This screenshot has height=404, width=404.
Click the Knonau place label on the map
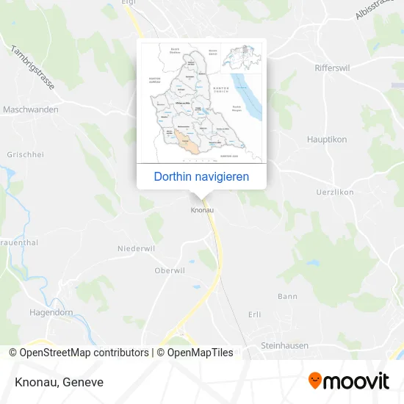click(x=202, y=210)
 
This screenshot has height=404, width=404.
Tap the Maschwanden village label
click(x=31, y=109)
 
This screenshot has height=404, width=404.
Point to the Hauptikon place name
click(x=327, y=139)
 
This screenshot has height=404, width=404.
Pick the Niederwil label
click(x=137, y=248)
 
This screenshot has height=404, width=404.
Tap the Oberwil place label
click(x=170, y=270)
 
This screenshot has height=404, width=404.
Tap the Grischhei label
click(x=25, y=155)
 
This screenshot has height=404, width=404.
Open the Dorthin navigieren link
click(x=201, y=176)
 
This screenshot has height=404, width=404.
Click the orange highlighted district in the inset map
click(x=190, y=145)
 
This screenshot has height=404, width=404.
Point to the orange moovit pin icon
click(x=315, y=381)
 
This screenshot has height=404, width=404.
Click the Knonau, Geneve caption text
click(x=58, y=382)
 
